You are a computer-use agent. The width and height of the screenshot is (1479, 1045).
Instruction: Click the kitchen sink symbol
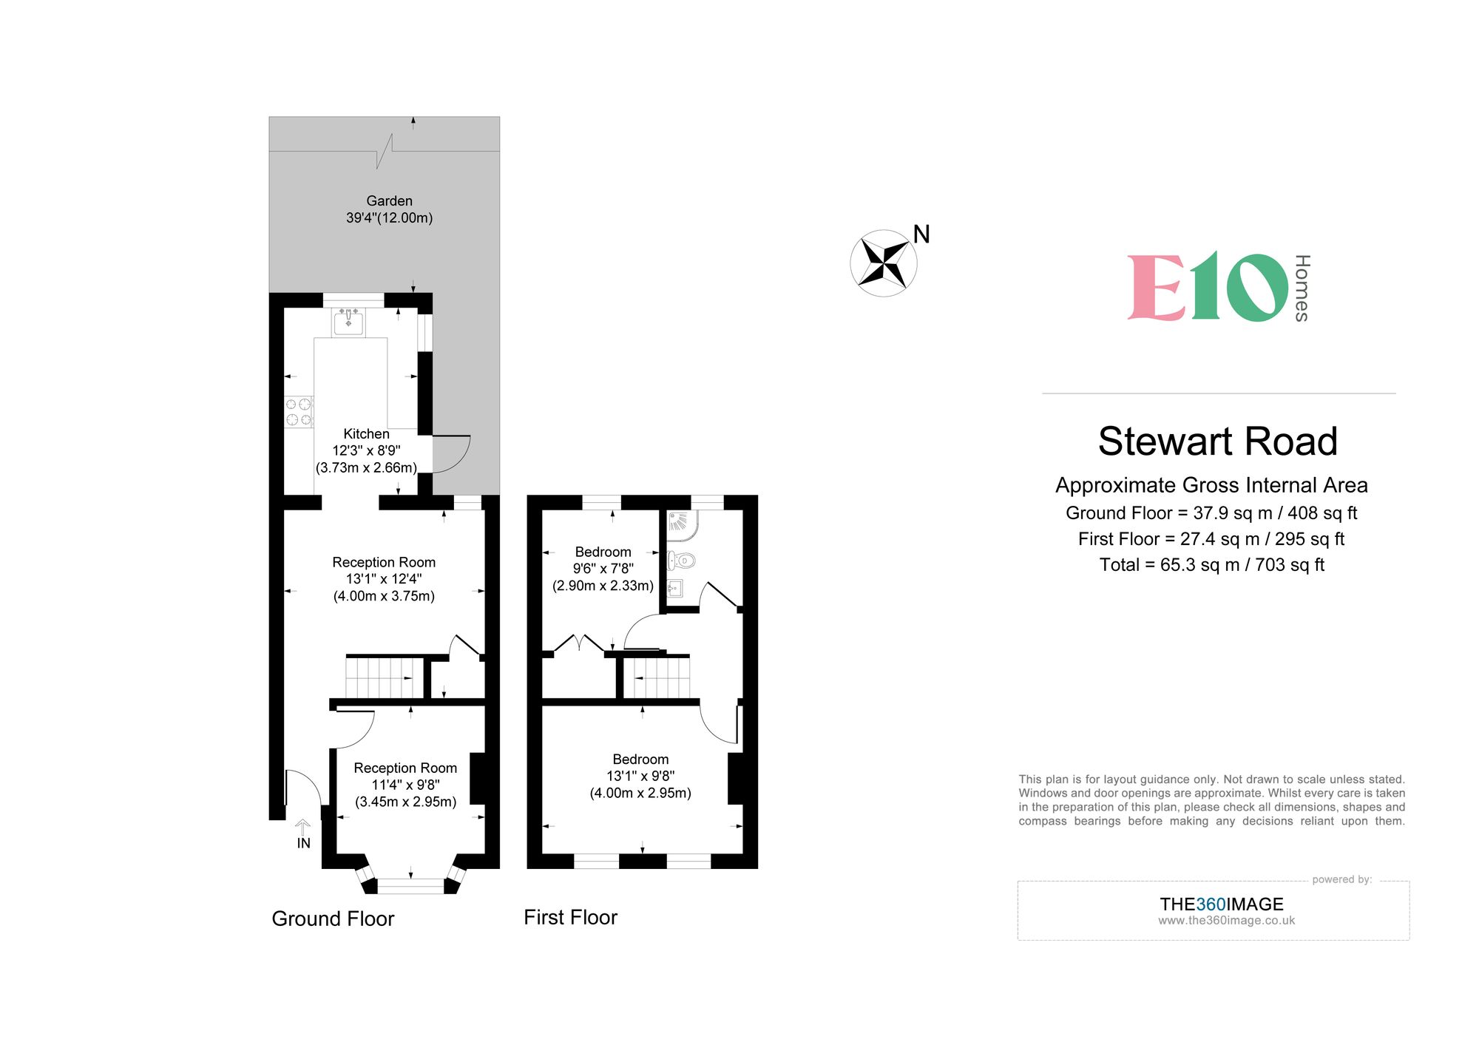coord(348,323)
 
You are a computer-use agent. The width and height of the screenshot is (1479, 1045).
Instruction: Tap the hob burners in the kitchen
coord(299,412)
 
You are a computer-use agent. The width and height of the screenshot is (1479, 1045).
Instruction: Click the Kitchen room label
coord(366,434)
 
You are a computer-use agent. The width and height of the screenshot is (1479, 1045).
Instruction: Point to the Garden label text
coord(389,201)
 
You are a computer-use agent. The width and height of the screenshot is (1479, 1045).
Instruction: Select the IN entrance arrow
coord(302,828)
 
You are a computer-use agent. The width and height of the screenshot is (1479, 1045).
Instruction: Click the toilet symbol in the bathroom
coord(681,561)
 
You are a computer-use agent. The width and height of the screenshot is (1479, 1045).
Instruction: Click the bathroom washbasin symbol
coord(674,589)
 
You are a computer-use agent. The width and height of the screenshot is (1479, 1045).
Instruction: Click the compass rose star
coord(884,263)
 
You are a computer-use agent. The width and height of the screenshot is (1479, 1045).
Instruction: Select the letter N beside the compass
coord(921,234)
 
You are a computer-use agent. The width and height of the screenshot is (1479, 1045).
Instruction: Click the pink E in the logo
coord(1157,288)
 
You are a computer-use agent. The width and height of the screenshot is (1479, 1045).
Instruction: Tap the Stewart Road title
coord(1218,442)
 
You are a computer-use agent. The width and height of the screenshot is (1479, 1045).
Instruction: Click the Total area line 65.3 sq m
coord(1211,565)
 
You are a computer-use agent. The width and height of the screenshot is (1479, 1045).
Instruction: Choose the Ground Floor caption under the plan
coord(333,919)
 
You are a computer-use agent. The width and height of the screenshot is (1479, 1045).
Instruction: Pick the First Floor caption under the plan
coord(570,917)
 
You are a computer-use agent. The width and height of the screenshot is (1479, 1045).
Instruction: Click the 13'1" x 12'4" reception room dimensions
coord(384,579)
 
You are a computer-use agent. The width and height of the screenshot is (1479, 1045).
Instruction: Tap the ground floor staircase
coord(384,677)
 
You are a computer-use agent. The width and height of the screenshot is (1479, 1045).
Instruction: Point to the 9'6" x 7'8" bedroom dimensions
coord(603,569)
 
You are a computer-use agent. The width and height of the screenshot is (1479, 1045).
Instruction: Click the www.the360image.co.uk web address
coord(1226,921)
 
